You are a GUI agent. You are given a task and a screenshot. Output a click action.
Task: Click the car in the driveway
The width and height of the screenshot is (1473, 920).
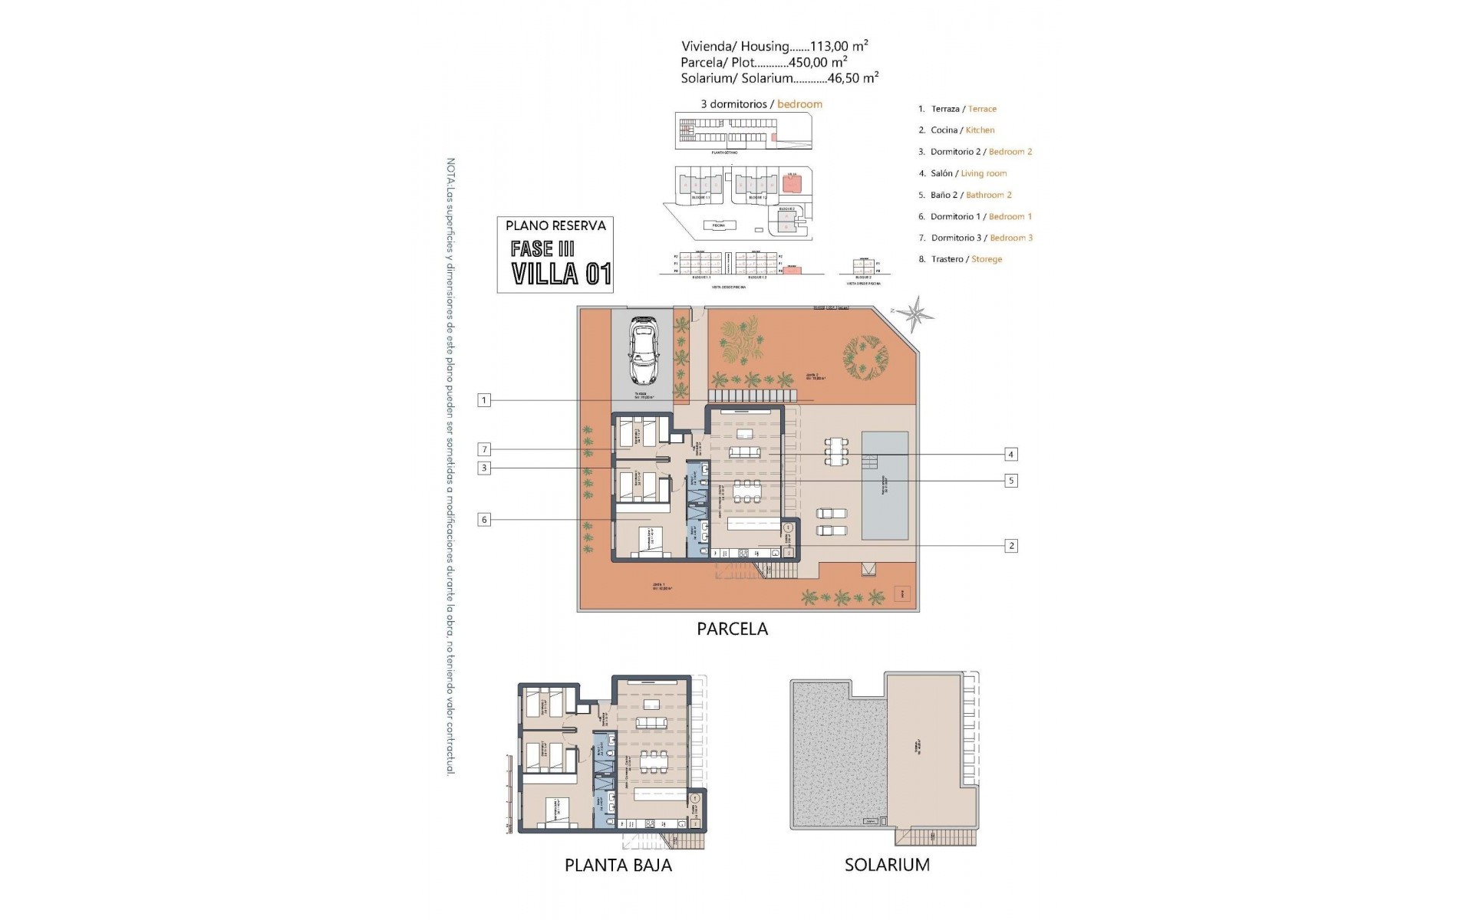point(643,351)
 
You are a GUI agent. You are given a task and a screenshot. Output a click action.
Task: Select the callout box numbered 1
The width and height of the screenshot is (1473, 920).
point(483,400)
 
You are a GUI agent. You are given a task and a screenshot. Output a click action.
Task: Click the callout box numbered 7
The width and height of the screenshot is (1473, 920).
point(483,449)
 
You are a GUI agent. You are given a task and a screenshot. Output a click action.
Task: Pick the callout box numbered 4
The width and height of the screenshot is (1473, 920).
point(1011,455)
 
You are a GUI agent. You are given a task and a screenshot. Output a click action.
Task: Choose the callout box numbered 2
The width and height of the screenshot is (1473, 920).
point(1011,546)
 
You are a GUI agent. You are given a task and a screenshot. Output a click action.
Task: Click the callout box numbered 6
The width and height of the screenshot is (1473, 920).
point(483,520)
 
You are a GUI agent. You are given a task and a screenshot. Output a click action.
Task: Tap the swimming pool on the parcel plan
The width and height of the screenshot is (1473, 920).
point(885,485)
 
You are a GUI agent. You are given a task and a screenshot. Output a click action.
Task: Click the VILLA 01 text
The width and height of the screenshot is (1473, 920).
point(561,274)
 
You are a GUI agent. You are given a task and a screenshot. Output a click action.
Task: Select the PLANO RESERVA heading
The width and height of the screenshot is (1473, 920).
point(555,225)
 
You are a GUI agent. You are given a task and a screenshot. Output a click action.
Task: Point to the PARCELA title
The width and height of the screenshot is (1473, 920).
point(732,629)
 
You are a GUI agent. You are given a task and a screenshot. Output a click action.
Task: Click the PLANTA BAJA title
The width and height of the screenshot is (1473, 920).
point(618,866)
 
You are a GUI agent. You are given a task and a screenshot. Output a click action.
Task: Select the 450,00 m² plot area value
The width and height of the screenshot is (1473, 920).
point(818,62)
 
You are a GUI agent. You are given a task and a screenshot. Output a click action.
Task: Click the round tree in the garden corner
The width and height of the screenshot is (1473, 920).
point(865,356)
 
